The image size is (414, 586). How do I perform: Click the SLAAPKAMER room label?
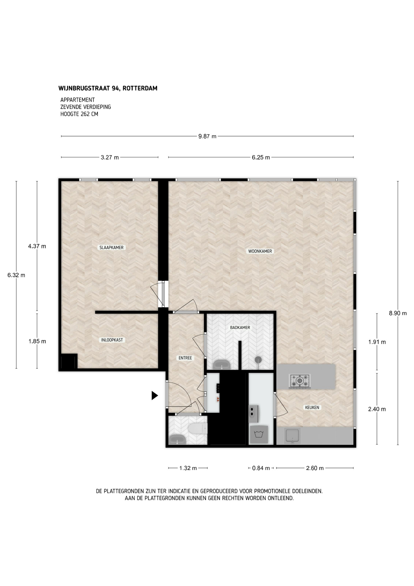pos(112,248)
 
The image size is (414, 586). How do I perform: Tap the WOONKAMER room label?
pos(260,251)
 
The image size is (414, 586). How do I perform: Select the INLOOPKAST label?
pos(112,340)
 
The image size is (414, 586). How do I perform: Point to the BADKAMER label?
pos(240,327)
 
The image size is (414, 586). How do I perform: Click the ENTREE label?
pos(185,358)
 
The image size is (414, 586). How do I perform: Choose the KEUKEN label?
pos(312,407)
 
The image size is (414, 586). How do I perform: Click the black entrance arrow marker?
pos(155,396)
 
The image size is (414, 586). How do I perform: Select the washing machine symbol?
pos(259,435)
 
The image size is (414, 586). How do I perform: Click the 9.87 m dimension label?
pos(207,136)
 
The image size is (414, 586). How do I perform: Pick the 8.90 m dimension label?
pos(398,313)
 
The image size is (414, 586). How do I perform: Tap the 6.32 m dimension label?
pos(16,275)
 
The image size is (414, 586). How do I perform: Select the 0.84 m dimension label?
pos(261,468)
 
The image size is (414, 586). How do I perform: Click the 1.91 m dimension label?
pos(377,342)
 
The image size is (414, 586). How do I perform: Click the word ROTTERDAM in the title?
pos(142,88)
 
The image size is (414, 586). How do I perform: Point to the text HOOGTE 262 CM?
pos(79,114)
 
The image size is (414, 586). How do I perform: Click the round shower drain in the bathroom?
pos(258,359)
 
